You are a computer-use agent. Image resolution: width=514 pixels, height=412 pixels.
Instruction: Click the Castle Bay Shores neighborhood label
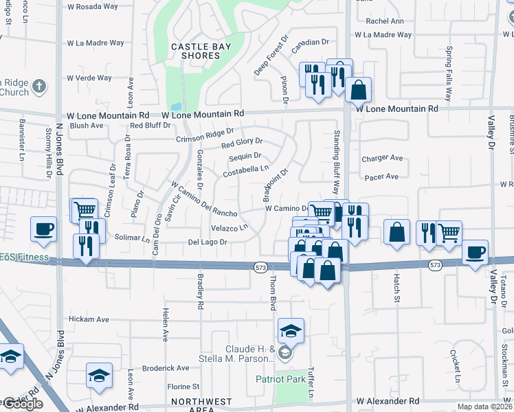tap(201, 51)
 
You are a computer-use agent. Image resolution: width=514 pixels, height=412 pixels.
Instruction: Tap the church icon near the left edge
tap(40, 87)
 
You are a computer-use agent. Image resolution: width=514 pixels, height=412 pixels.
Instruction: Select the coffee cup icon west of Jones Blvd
tap(43, 229)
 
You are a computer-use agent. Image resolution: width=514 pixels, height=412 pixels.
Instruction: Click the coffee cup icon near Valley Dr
tap(475, 252)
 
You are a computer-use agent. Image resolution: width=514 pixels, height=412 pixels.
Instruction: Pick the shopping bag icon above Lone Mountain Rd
tap(358, 89)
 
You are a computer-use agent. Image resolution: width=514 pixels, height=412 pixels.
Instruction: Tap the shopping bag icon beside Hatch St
tap(397, 232)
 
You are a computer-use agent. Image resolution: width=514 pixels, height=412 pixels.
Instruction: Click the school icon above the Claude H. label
tap(291, 332)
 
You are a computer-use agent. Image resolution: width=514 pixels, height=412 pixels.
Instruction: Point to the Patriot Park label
tap(280, 378)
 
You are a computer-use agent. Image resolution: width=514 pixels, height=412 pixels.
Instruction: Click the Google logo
tap(22, 404)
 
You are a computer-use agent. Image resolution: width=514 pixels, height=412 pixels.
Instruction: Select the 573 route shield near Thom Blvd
tap(260, 266)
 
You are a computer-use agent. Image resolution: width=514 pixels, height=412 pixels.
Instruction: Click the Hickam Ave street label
tap(89, 319)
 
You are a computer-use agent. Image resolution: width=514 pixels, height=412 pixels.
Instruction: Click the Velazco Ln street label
tap(229, 227)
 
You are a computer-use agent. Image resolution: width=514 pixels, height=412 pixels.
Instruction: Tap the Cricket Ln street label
tap(455, 367)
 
